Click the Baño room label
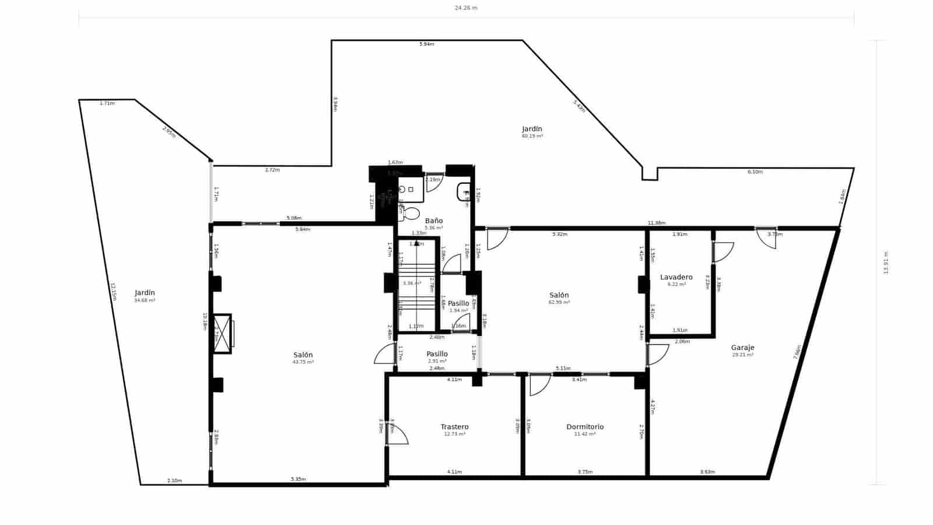(x=433, y=221)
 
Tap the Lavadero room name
(x=676, y=277)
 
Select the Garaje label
(x=742, y=348)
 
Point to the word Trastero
(x=454, y=427)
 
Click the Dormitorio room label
(x=585, y=427)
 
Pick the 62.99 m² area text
(x=559, y=302)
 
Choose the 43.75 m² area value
(x=303, y=362)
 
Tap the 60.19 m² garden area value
(x=532, y=136)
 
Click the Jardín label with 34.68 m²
(x=145, y=293)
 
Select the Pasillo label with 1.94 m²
(x=458, y=303)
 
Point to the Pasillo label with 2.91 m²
(x=437, y=354)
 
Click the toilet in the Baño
(x=411, y=213)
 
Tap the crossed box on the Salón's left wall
(x=222, y=334)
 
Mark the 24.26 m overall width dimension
(x=466, y=8)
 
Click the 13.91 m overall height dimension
(x=885, y=262)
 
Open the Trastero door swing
(x=398, y=435)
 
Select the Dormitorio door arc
(x=540, y=385)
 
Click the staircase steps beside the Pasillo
(x=417, y=286)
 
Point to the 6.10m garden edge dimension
(x=755, y=172)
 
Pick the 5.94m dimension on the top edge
(x=426, y=44)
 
